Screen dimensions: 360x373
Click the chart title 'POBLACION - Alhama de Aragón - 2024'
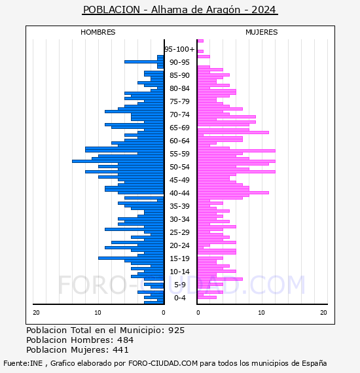pyautogui.click(x=179, y=10)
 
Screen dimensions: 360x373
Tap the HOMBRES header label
pyautogui.click(x=98, y=32)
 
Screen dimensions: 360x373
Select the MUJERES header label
pyautogui.click(x=262, y=32)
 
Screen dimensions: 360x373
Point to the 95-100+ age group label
pyautogui.click(x=179, y=49)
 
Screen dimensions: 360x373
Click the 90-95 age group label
pyautogui.click(x=179, y=62)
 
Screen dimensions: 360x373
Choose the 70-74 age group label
pyautogui.click(x=179, y=115)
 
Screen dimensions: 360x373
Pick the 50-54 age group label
pyautogui.click(x=179, y=167)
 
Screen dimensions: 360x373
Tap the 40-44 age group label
pyautogui.click(x=179, y=193)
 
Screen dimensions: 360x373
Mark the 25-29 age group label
pyautogui.click(x=179, y=232)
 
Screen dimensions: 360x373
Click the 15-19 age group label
pyautogui.click(x=179, y=258)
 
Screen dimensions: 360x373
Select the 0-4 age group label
pyautogui.click(x=179, y=298)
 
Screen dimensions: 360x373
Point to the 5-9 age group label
pyautogui.click(x=179, y=285)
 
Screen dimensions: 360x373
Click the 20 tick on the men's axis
pyautogui.click(x=36, y=313)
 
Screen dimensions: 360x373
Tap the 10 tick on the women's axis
pyautogui.click(x=261, y=313)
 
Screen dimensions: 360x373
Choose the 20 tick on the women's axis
pyautogui.click(x=323, y=313)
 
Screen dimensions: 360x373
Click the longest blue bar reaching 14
pyautogui.click(x=118, y=161)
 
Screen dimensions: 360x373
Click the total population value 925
pyautogui.click(x=176, y=330)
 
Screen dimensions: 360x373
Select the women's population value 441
pyautogui.click(x=120, y=349)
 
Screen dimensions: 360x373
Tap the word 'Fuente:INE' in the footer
pyautogui.click(x=23, y=363)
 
